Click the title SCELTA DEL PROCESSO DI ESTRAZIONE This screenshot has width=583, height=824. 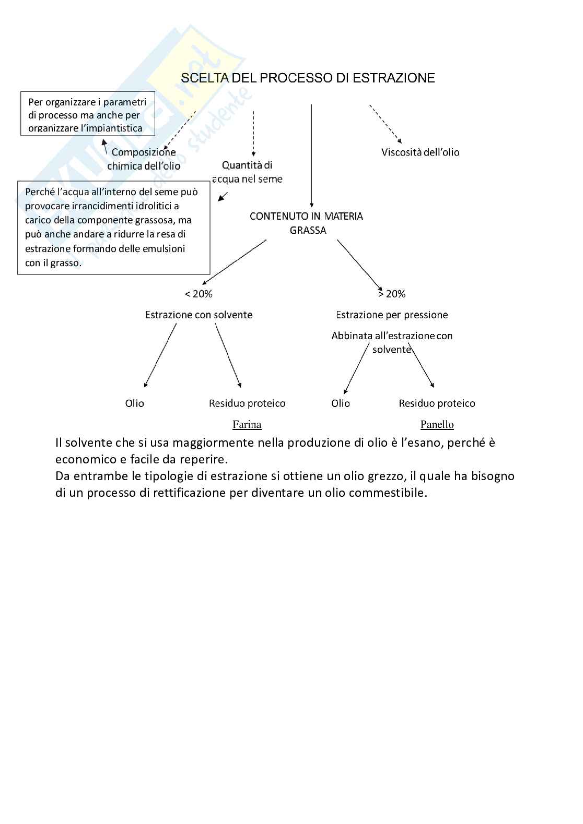click(308, 78)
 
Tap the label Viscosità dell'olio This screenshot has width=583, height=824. click(420, 152)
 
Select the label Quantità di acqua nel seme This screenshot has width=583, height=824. click(247, 172)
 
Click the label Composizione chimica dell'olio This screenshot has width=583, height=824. click(144, 159)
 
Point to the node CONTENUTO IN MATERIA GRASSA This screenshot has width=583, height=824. click(307, 223)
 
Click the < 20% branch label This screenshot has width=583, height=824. click(199, 294)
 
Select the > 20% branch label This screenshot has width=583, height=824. click(392, 294)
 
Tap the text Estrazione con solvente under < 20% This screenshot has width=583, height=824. click(199, 315)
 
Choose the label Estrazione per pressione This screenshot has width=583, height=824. click(392, 315)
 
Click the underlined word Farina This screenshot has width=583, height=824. click(247, 424)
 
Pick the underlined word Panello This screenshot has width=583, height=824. click(437, 424)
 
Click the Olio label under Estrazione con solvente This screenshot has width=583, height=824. click(134, 403)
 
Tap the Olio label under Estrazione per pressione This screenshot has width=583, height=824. click(340, 403)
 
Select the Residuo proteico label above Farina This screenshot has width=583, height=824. click(247, 403)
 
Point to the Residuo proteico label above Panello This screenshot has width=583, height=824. click(437, 403)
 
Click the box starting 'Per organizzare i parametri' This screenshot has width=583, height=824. click(88, 115)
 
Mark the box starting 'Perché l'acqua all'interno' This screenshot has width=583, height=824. click(113, 228)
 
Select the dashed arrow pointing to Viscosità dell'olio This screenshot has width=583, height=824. click(386, 124)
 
